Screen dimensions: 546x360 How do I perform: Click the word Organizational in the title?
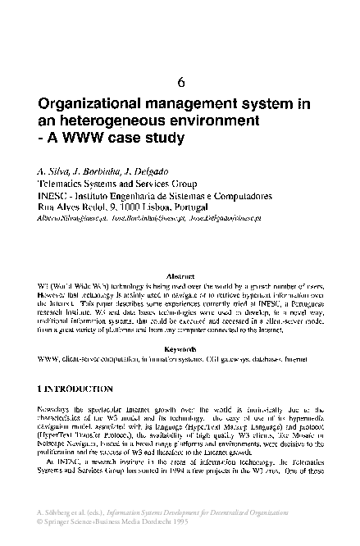coord(92,106)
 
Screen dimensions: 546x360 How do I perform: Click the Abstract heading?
coord(180,278)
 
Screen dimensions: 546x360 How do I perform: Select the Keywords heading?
coord(180,348)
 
